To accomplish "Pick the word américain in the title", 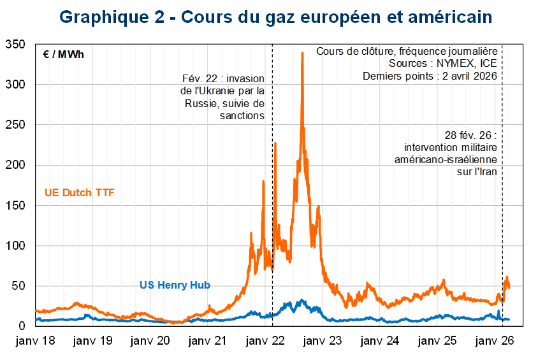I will coord(454,17).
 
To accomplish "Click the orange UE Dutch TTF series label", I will coord(80,193).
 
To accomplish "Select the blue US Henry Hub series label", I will coord(175,285).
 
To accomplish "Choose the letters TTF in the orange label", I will coord(105,193).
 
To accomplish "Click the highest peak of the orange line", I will coord(302,54).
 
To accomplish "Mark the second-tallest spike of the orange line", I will coord(275,143).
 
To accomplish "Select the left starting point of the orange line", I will coord(36,310).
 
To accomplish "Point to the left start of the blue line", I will coord(36,319).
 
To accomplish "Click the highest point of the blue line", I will coord(302,299).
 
